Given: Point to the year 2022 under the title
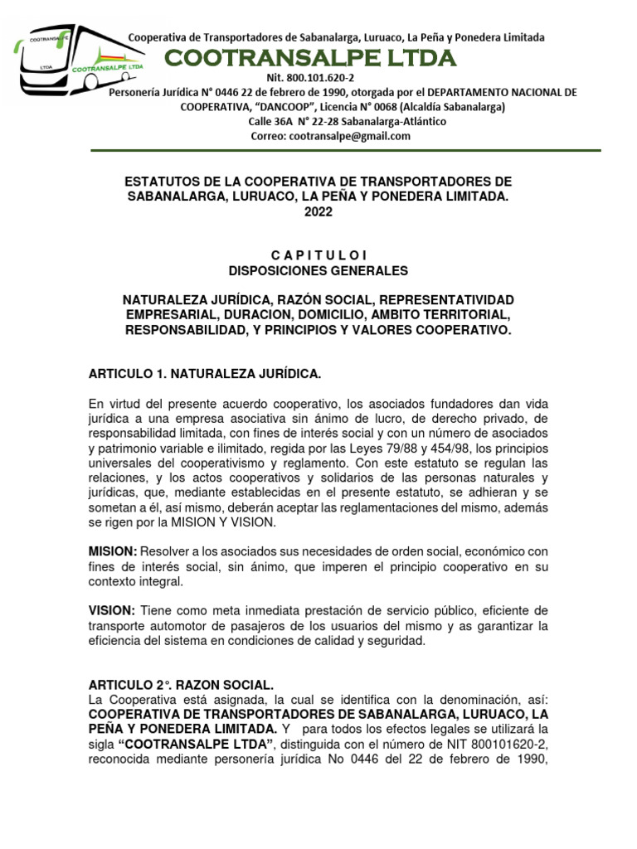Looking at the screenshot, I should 318,212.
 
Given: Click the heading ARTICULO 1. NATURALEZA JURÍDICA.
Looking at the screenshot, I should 204,375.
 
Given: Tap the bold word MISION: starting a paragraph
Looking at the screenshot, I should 113,551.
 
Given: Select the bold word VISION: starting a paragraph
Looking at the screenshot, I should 112,610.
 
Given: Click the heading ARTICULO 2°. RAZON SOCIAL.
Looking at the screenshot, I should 181,685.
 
